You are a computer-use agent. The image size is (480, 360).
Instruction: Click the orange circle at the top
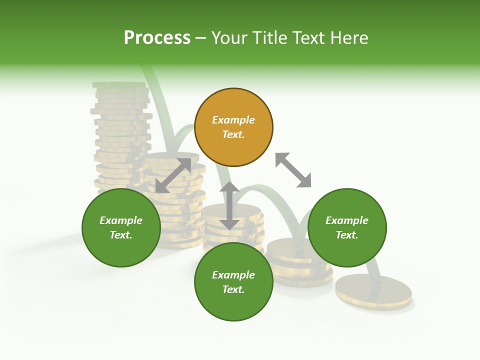(233, 127)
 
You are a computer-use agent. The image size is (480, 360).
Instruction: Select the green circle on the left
(121, 227)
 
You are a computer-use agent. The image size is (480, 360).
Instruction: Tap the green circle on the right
(347, 227)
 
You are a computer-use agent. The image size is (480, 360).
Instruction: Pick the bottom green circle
(233, 282)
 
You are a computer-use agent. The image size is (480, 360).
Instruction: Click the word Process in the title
(157, 38)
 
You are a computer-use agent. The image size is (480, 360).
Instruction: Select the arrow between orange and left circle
(173, 175)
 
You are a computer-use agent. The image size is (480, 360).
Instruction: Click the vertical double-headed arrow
(229, 205)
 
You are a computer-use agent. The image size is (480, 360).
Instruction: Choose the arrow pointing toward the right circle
(293, 170)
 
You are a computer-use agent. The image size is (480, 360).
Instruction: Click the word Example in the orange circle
(233, 120)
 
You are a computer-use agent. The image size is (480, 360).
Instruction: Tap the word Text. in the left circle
(121, 235)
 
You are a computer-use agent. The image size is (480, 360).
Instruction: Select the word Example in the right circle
(347, 220)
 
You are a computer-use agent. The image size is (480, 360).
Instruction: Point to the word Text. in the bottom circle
(233, 289)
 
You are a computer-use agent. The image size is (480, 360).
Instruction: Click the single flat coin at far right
(373, 290)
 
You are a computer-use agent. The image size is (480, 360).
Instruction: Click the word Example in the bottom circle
(233, 275)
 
